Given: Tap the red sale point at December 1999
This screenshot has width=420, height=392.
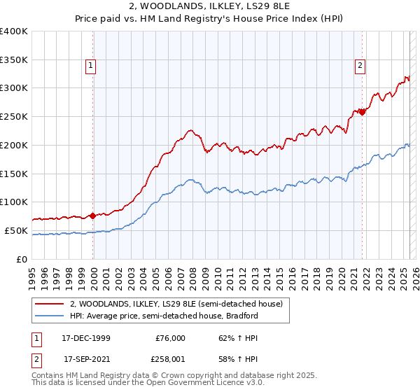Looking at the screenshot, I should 92,216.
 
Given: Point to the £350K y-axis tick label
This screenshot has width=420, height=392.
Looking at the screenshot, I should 14,60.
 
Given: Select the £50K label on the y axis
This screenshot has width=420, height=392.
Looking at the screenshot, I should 17,230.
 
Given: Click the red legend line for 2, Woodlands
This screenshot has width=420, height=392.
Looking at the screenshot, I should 50,304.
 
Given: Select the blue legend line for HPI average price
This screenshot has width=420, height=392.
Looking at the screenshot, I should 50,316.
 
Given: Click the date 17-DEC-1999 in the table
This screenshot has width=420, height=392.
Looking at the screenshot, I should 87,337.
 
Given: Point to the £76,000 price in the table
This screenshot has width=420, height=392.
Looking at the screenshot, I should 170,337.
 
